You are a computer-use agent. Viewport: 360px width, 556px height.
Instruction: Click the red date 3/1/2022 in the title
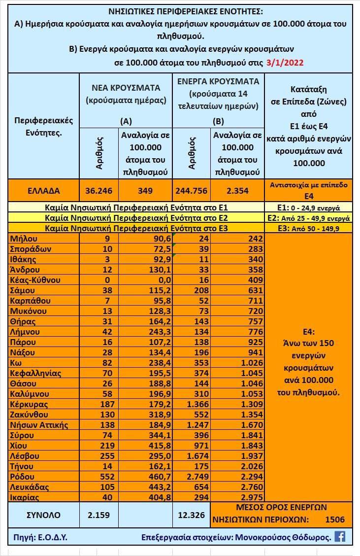click(x=285, y=62)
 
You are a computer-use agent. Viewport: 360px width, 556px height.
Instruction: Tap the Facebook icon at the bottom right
click(x=340, y=536)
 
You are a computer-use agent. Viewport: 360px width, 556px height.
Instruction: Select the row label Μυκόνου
click(x=28, y=311)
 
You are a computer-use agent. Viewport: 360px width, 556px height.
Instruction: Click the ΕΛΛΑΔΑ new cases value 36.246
click(x=98, y=191)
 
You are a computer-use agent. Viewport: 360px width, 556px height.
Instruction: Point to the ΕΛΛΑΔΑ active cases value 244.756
click(x=192, y=191)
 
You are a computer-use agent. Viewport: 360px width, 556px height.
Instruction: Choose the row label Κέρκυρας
click(x=30, y=404)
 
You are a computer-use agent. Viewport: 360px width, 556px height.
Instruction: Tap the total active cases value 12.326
click(x=192, y=515)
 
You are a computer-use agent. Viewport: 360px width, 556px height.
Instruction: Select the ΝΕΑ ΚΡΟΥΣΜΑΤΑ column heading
click(x=126, y=88)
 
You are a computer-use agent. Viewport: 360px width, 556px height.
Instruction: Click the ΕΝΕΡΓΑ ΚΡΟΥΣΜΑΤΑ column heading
click(x=218, y=82)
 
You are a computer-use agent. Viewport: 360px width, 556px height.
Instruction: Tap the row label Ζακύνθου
click(x=30, y=415)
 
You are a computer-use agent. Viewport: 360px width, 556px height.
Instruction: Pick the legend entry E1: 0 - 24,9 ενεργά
click(x=308, y=207)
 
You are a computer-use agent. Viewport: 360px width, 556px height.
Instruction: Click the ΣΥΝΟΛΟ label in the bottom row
click(x=44, y=515)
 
